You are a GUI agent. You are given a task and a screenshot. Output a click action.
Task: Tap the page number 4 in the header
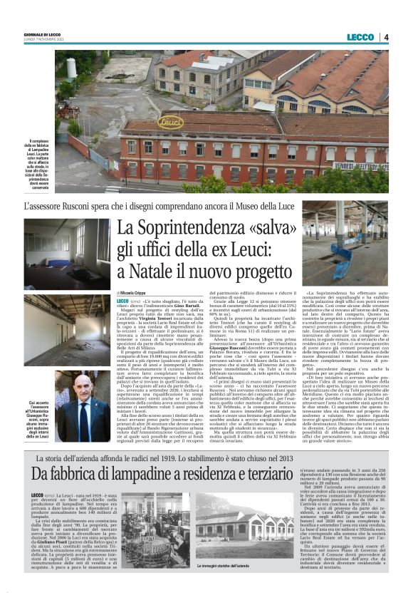point(385,37)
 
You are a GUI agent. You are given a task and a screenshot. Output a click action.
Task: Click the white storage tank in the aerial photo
point(71,68)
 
